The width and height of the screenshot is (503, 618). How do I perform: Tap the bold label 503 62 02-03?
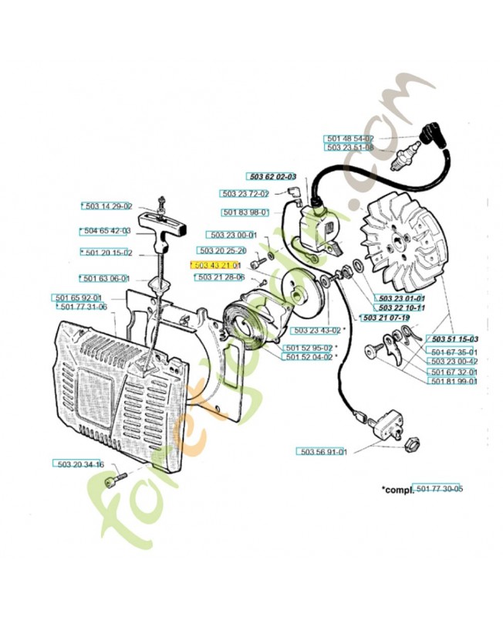click(272, 176)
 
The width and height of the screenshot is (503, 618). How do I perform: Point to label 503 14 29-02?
click(108, 206)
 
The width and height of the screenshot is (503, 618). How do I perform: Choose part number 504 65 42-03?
click(108, 230)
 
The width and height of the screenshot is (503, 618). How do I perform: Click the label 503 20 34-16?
click(80, 463)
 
